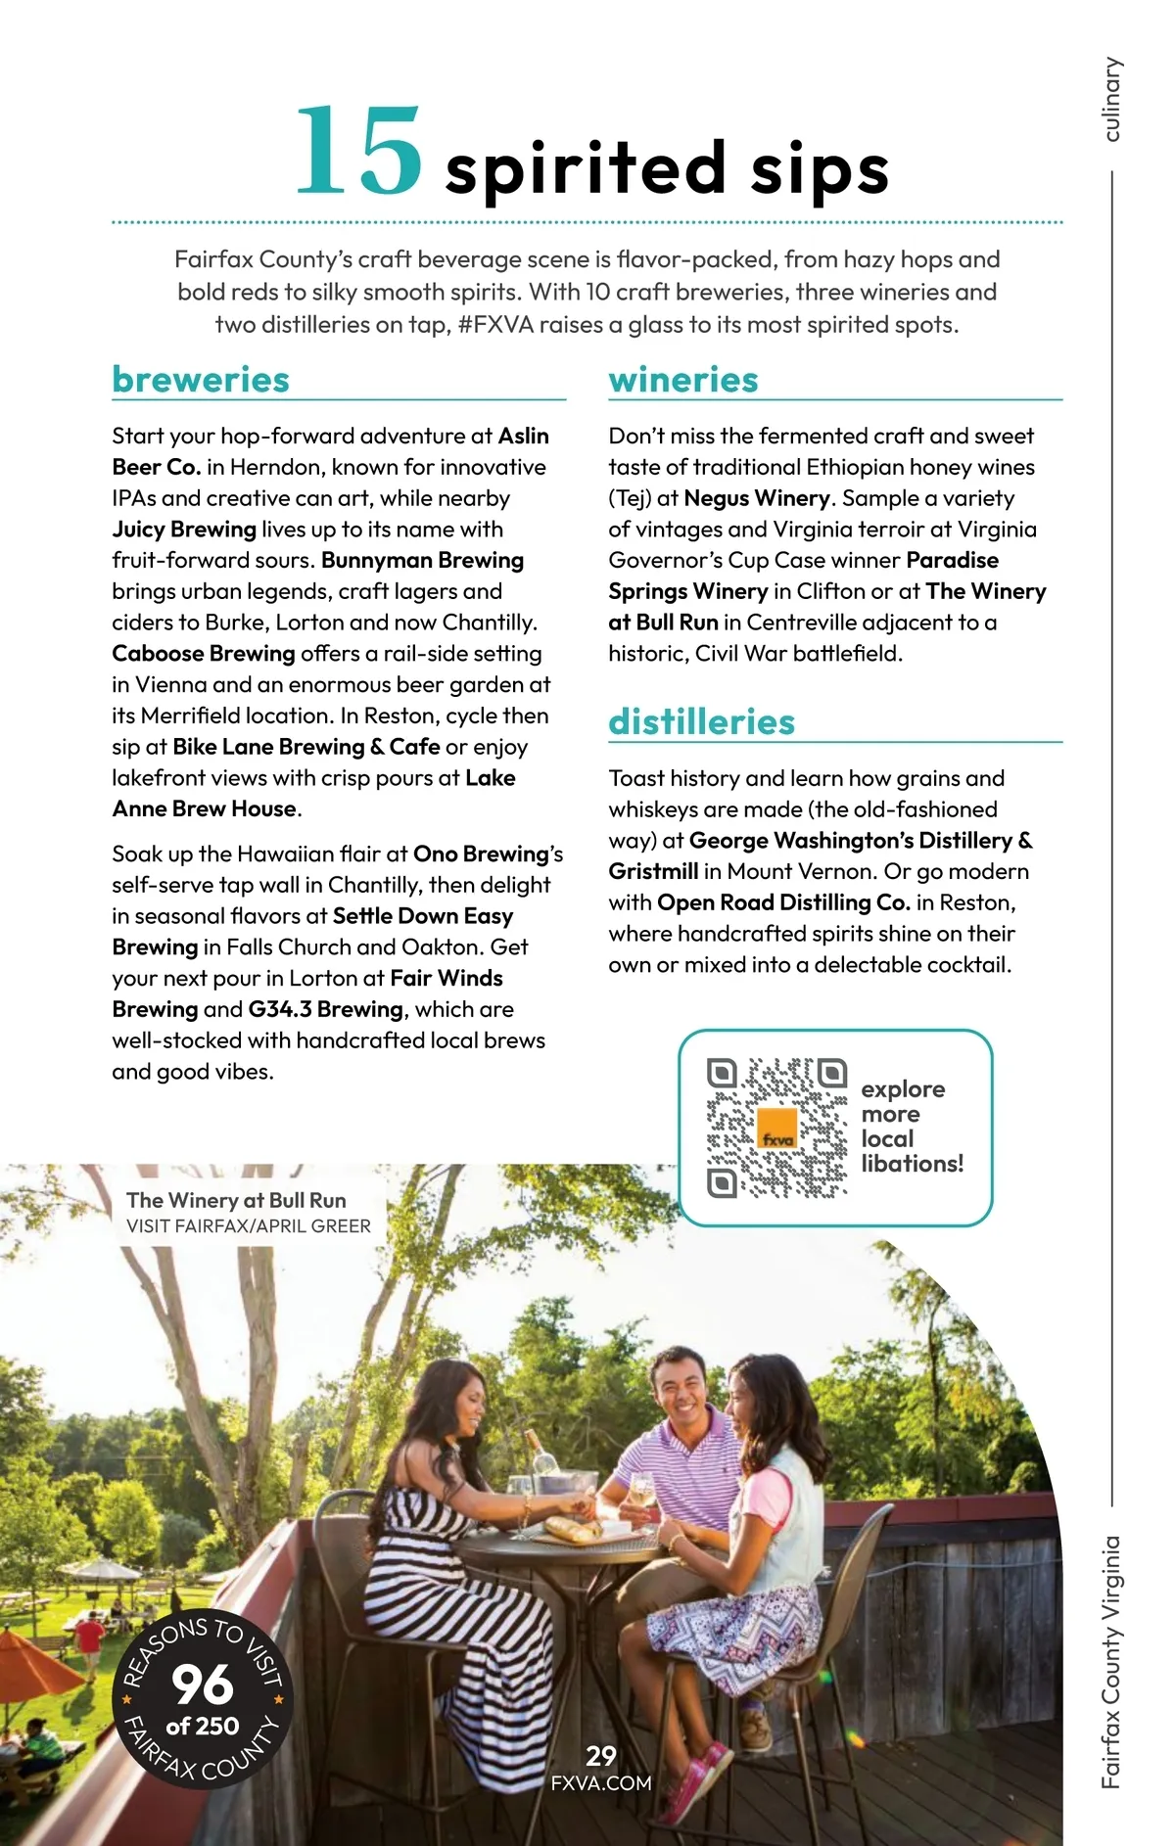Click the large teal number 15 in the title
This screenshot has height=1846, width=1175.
tap(358, 152)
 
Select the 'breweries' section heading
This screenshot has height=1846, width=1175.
tap(201, 380)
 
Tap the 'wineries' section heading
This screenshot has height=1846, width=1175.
tap(683, 380)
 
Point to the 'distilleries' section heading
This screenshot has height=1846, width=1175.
tap(701, 722)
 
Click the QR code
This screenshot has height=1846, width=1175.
tap(776, 1127)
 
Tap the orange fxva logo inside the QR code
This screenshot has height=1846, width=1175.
tap(777, 1129)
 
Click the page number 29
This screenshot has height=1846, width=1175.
tap(601, 1755)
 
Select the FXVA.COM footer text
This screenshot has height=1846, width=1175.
tap(601, 1782)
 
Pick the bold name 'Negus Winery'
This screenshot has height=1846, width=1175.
tap(757, 498)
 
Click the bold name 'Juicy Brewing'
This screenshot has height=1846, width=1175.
tap(184, 530)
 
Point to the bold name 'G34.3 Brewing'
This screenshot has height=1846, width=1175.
tap(325, 1009)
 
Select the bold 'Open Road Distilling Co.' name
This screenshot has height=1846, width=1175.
tap(783, 902)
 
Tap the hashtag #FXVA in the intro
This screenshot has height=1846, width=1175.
tap(495, 325)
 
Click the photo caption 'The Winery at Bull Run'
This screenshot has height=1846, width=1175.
tap(236, 1200)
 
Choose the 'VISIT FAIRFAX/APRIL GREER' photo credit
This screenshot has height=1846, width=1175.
tap(249, 1226)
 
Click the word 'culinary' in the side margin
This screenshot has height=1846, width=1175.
tap(1110, 99)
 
